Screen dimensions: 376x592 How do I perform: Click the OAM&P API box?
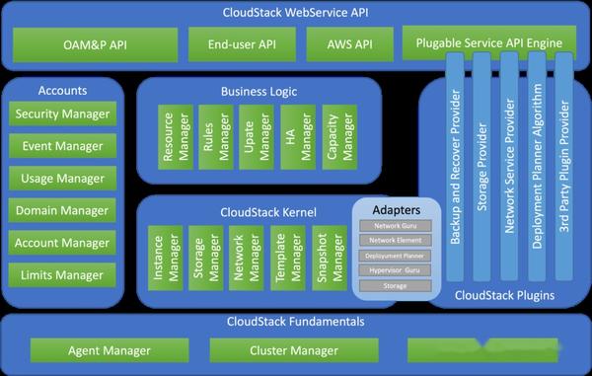tap(95, 44)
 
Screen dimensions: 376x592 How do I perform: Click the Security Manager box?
tap(62, 114)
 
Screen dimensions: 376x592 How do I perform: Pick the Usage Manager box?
tap(62, 179)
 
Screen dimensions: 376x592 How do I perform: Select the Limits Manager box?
tap(62, 274)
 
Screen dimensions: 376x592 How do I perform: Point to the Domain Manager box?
tap(62, 210)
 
